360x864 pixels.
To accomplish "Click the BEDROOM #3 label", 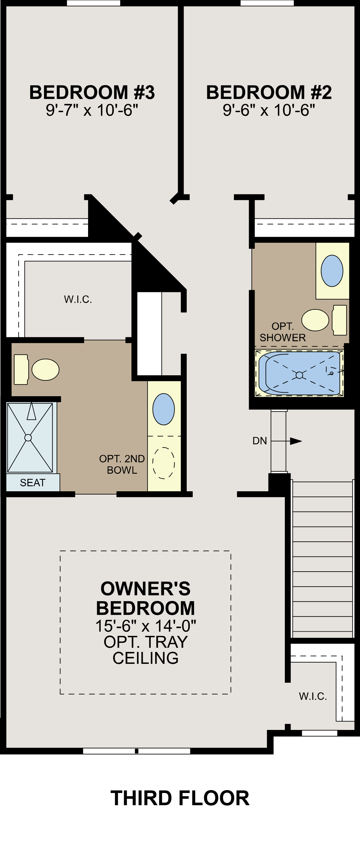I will [92, 93].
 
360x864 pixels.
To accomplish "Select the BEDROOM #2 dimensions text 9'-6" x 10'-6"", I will [269, 110].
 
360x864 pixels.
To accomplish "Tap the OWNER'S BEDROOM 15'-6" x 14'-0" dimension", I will [145, 626].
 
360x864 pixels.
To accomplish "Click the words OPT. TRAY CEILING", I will [145, 650].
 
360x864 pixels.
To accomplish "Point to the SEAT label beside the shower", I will [32, 483].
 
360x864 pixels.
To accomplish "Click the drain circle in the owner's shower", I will [28, 438].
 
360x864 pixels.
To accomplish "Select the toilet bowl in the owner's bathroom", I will [45, 370].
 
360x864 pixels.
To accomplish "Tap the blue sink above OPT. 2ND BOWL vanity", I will [163, 409].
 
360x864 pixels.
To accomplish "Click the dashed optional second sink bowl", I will [164, 463].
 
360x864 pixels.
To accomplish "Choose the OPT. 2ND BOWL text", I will [122, 465].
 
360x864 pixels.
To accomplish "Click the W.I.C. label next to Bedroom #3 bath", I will [78, 299].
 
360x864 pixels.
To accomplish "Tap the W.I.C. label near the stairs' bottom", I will [313, 696].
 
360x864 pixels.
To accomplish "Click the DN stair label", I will [260, 441].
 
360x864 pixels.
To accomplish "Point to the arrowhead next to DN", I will [296, 441].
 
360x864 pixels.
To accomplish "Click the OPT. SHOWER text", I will [283, 332].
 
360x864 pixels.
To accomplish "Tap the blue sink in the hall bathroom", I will [332, 271].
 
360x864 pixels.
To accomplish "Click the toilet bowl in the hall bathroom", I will [315, 320].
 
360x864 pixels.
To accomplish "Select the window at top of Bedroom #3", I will [94, 3].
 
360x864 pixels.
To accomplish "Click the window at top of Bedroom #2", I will [267, 3].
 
